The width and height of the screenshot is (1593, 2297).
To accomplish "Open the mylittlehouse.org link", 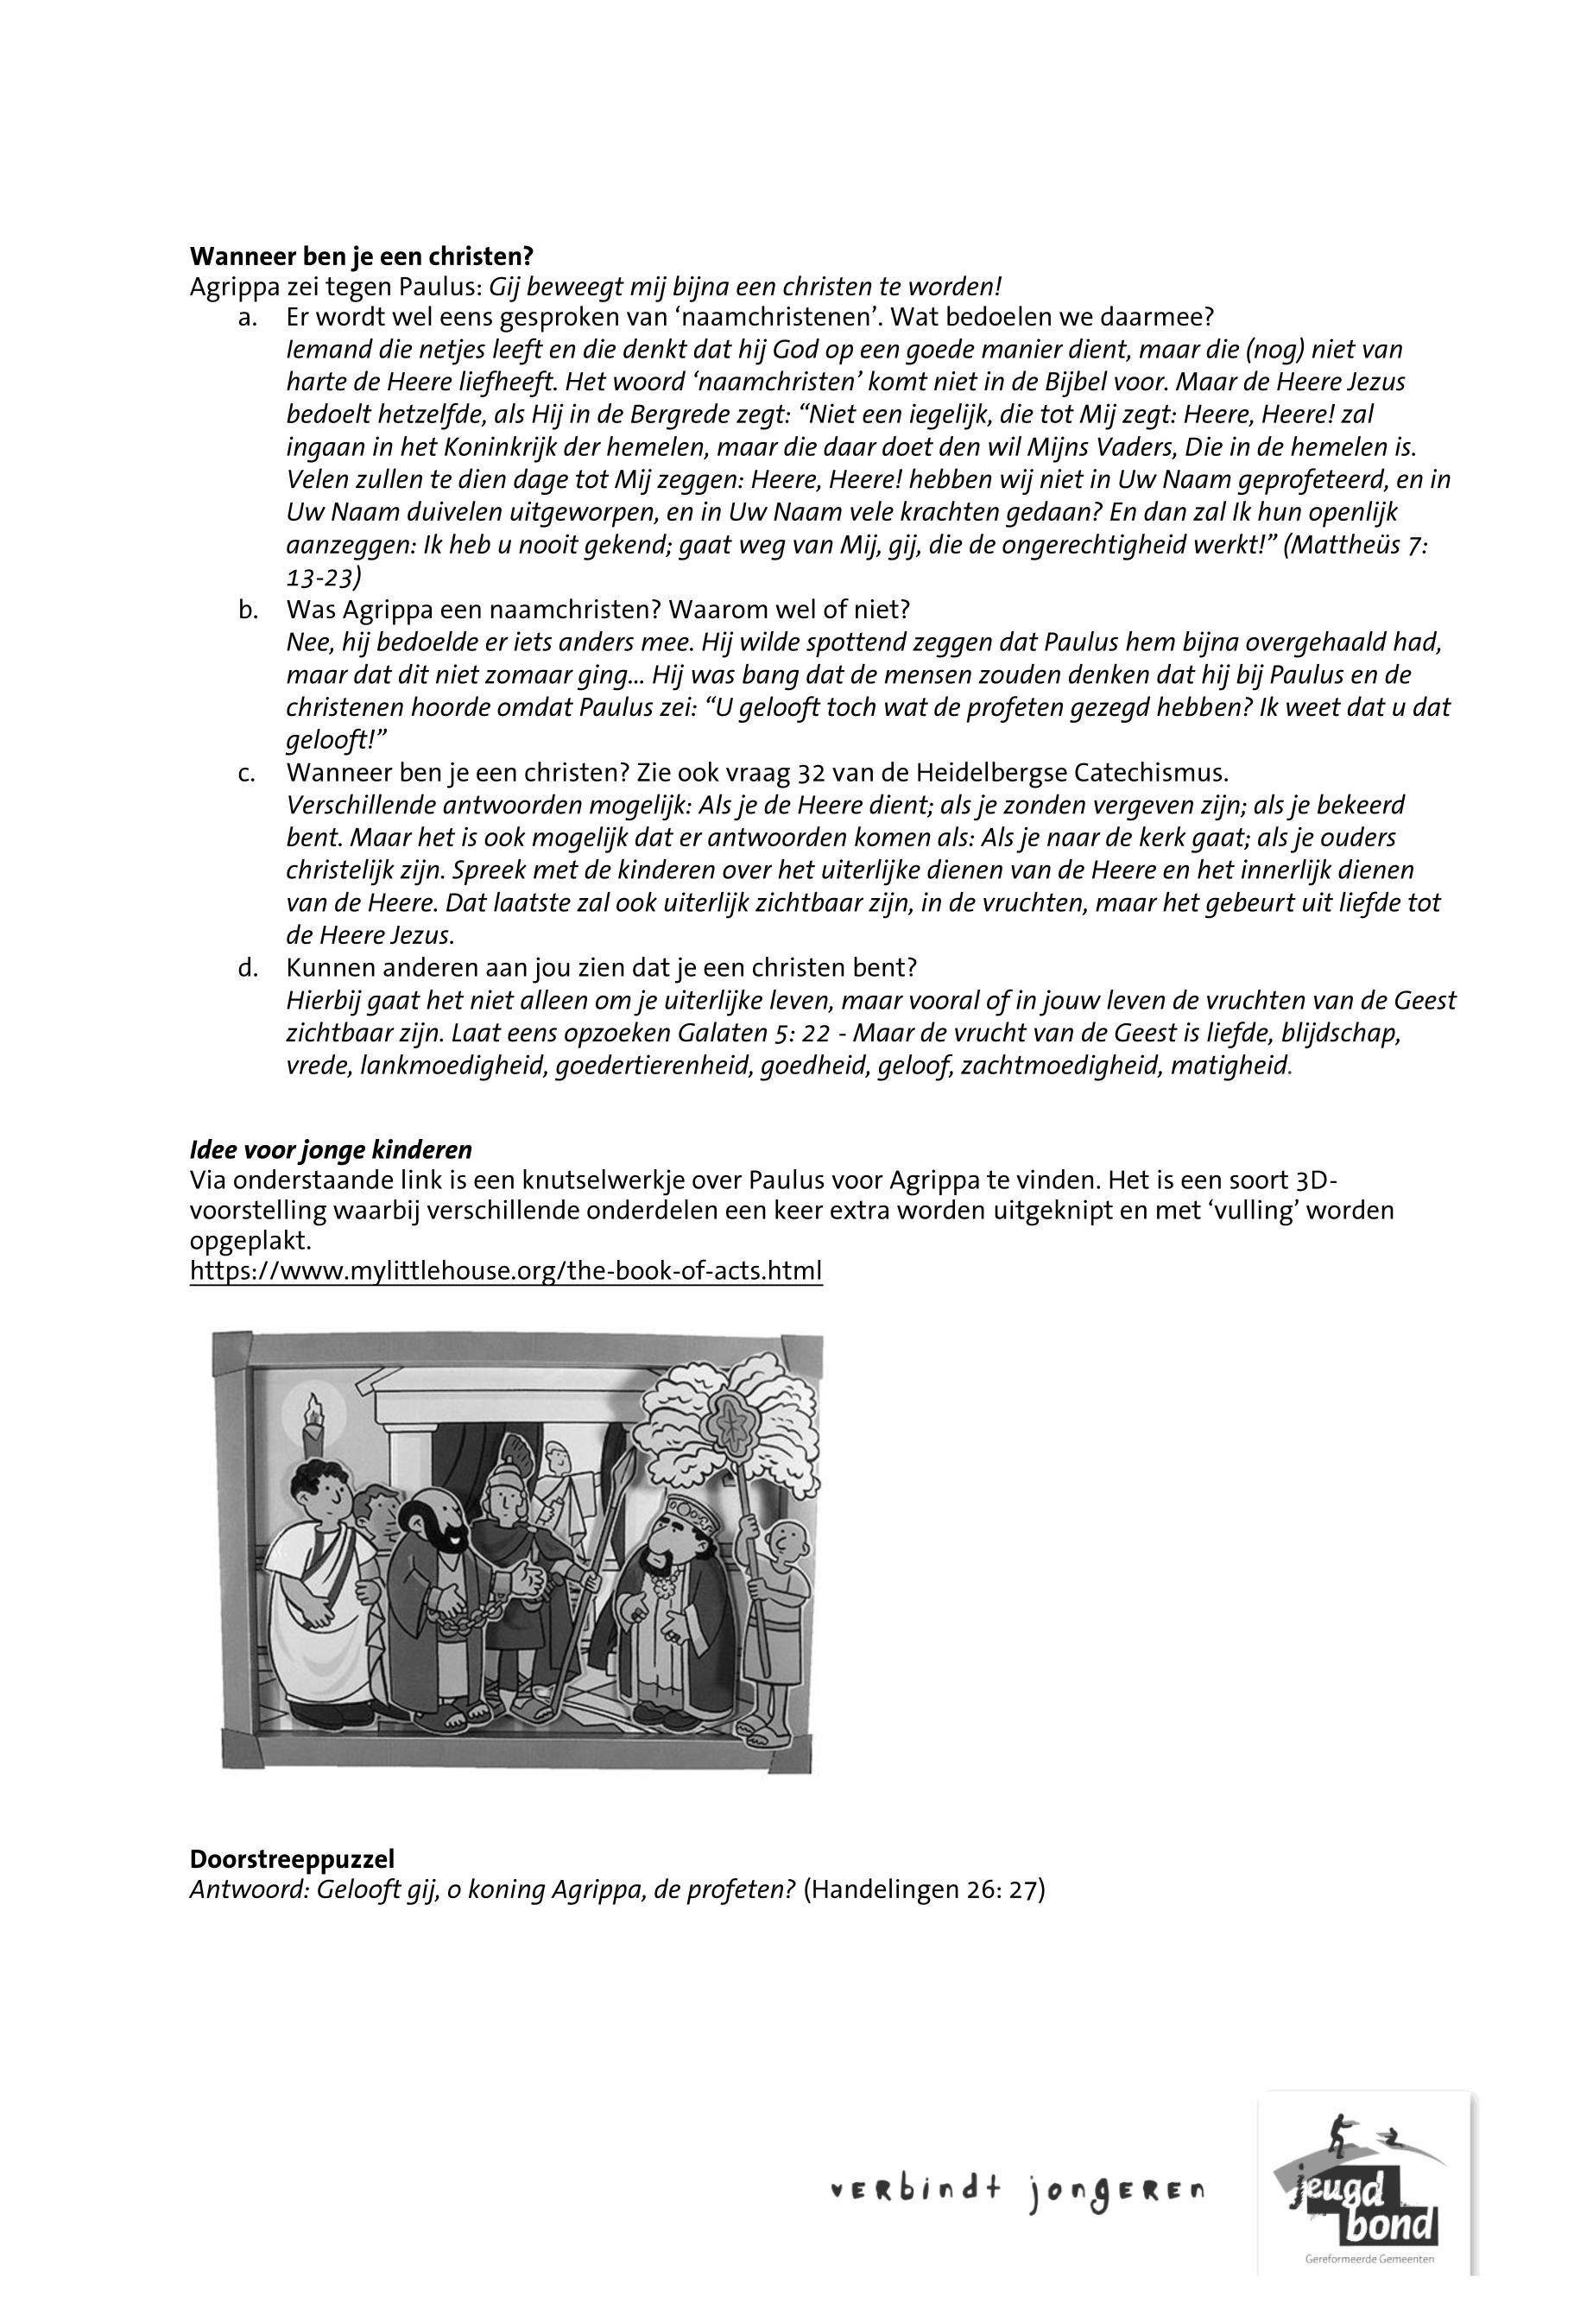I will click(506, 1271).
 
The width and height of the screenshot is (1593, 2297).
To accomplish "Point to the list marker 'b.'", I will click(249, 609).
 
